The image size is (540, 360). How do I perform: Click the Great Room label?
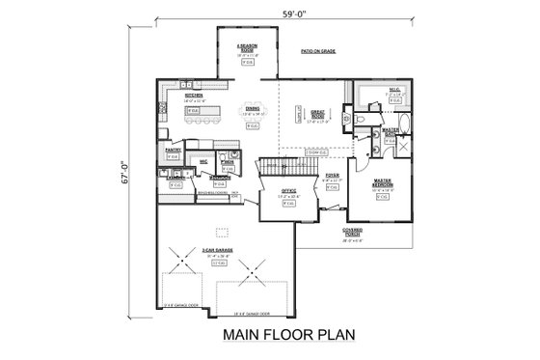[x=319, y=118]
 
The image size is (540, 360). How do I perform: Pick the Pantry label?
[x=174, y=150]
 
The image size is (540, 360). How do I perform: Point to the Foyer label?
[x=331, y=176]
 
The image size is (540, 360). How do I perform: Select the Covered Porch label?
[x=353, y=231]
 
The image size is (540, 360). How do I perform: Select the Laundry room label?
[x=175, y=179]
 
